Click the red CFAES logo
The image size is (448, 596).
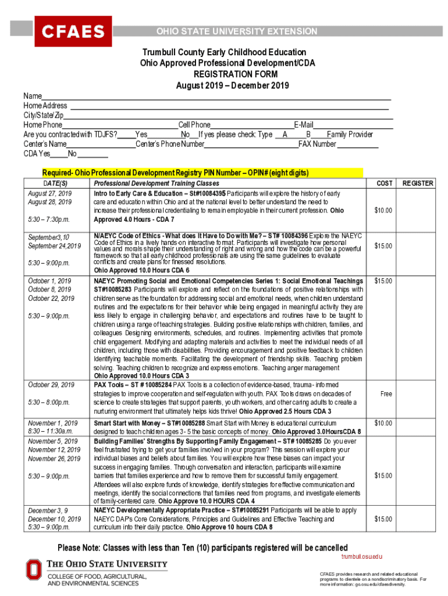[x=72, y=31]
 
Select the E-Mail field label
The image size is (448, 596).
[x=304, y=125]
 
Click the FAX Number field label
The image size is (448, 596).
[x=317, y=144]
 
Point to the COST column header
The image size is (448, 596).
[x=384, y=183]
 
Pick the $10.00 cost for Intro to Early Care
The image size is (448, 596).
[x=383, y=210]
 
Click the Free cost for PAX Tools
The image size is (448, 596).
[x=386, y=393]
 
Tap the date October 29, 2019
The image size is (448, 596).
[x=51, y=385]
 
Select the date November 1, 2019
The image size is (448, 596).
[x=53, y=423]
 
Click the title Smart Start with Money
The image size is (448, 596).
[x=128, y=423]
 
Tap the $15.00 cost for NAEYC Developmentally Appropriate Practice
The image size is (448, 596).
[x=383, y=519]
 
